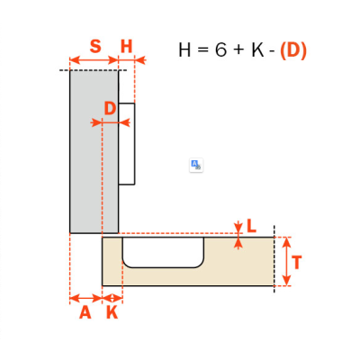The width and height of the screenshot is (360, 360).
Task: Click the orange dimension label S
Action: [x=95, y=47]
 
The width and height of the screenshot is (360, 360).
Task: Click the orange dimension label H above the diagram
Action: [x=126, y=47]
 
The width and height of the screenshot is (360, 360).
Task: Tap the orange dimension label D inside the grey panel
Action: [x=110, y=108]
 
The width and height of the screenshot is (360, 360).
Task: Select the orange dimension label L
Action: [x=251, y=226]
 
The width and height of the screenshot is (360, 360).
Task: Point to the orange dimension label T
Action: [x=296, y=263]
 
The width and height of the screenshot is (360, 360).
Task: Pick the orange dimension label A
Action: [x=85, y=312]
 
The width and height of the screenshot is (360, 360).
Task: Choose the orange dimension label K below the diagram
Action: [x=112, y=312]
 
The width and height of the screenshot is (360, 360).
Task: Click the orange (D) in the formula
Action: [x=293, y=49]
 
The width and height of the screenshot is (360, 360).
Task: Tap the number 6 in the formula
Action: [x=220, y=49]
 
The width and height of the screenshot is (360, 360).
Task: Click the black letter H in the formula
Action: [x=184, y=49]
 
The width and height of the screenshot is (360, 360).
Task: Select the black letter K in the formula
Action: [x=257, y=49]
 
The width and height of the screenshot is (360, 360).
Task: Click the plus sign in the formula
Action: [x=238, y=50]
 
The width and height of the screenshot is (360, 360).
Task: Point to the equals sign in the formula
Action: [x=203, y=50]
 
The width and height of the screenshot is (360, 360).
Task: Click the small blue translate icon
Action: [x=196, y=165]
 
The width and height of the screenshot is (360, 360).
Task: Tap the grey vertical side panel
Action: [x=94, y=151]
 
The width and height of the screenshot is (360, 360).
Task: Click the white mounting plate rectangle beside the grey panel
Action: [x=127, y=144]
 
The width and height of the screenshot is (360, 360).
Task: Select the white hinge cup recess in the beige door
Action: [x=164, y=252]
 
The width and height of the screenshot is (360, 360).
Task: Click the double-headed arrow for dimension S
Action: [x=94, y=60]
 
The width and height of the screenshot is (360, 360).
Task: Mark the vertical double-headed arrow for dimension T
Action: [x=287, y=261]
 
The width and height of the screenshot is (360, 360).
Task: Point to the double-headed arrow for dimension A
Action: [x=86, y=299]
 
